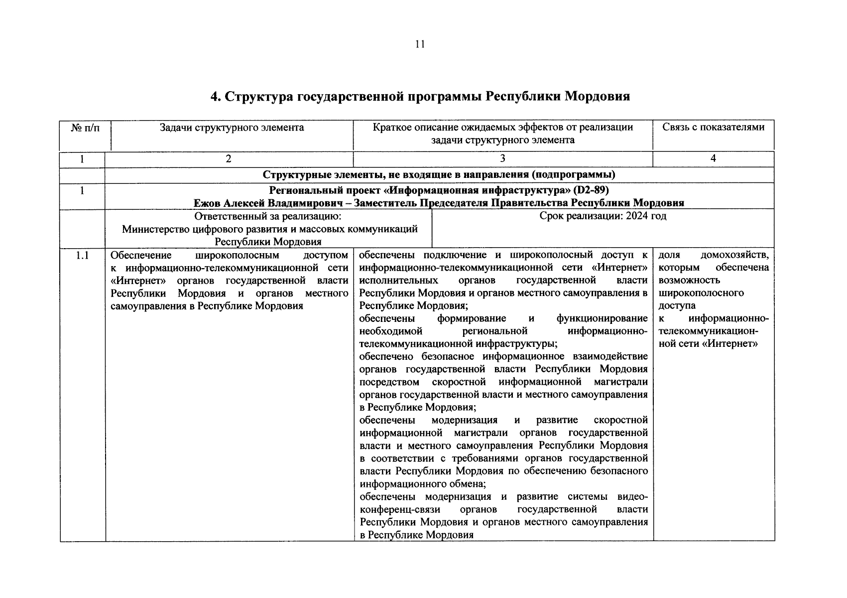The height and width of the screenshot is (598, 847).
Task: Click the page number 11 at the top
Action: (420, 44)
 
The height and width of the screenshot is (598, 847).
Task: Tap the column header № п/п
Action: (85, 128)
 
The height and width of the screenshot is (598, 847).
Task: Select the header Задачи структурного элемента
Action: (232, 128)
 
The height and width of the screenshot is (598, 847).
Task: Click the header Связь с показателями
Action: (713, 127)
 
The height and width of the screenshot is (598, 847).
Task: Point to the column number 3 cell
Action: (502, 158)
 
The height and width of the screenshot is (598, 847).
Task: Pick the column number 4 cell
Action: (713, 158)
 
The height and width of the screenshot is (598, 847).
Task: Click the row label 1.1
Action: (82, 256)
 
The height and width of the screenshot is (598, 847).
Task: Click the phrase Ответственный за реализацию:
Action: (268, 216)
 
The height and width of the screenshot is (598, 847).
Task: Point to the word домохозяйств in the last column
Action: (734, 256)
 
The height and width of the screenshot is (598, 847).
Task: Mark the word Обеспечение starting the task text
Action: (141, 256)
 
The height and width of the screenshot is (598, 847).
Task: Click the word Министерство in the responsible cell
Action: (156, 229)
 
